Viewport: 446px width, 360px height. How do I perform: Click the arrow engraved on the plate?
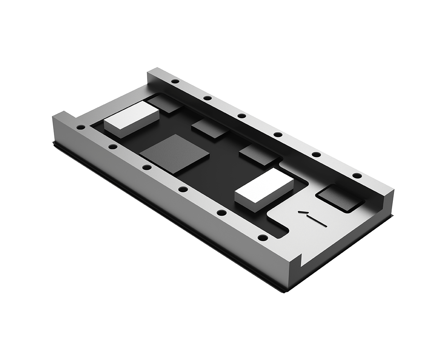click(x=312, y=218)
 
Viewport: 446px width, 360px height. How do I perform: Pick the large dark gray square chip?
click(x=174, y=153)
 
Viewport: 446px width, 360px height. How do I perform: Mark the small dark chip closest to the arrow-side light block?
click(x=258, y=154)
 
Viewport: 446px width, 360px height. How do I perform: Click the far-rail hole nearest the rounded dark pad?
click(x=357, y=175)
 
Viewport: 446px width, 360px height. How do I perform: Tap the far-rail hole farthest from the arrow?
click(x=175, y=81)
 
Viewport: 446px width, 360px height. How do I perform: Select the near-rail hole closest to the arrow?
click(x=263, y=238)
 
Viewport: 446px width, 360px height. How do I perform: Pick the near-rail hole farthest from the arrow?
click(x=81, y=127)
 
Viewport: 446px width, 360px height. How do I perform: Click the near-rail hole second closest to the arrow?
click(x=221, y=213)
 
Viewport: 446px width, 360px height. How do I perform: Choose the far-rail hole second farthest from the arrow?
click(x=208, y=98)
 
